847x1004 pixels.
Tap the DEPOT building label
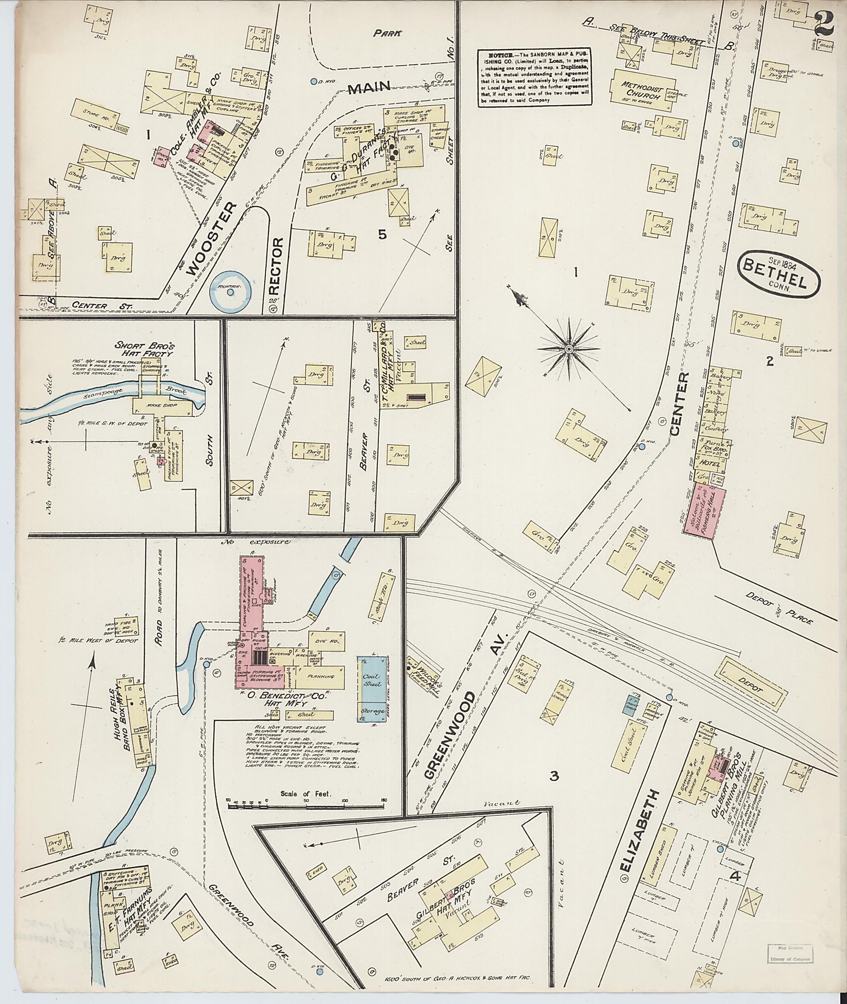754,688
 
